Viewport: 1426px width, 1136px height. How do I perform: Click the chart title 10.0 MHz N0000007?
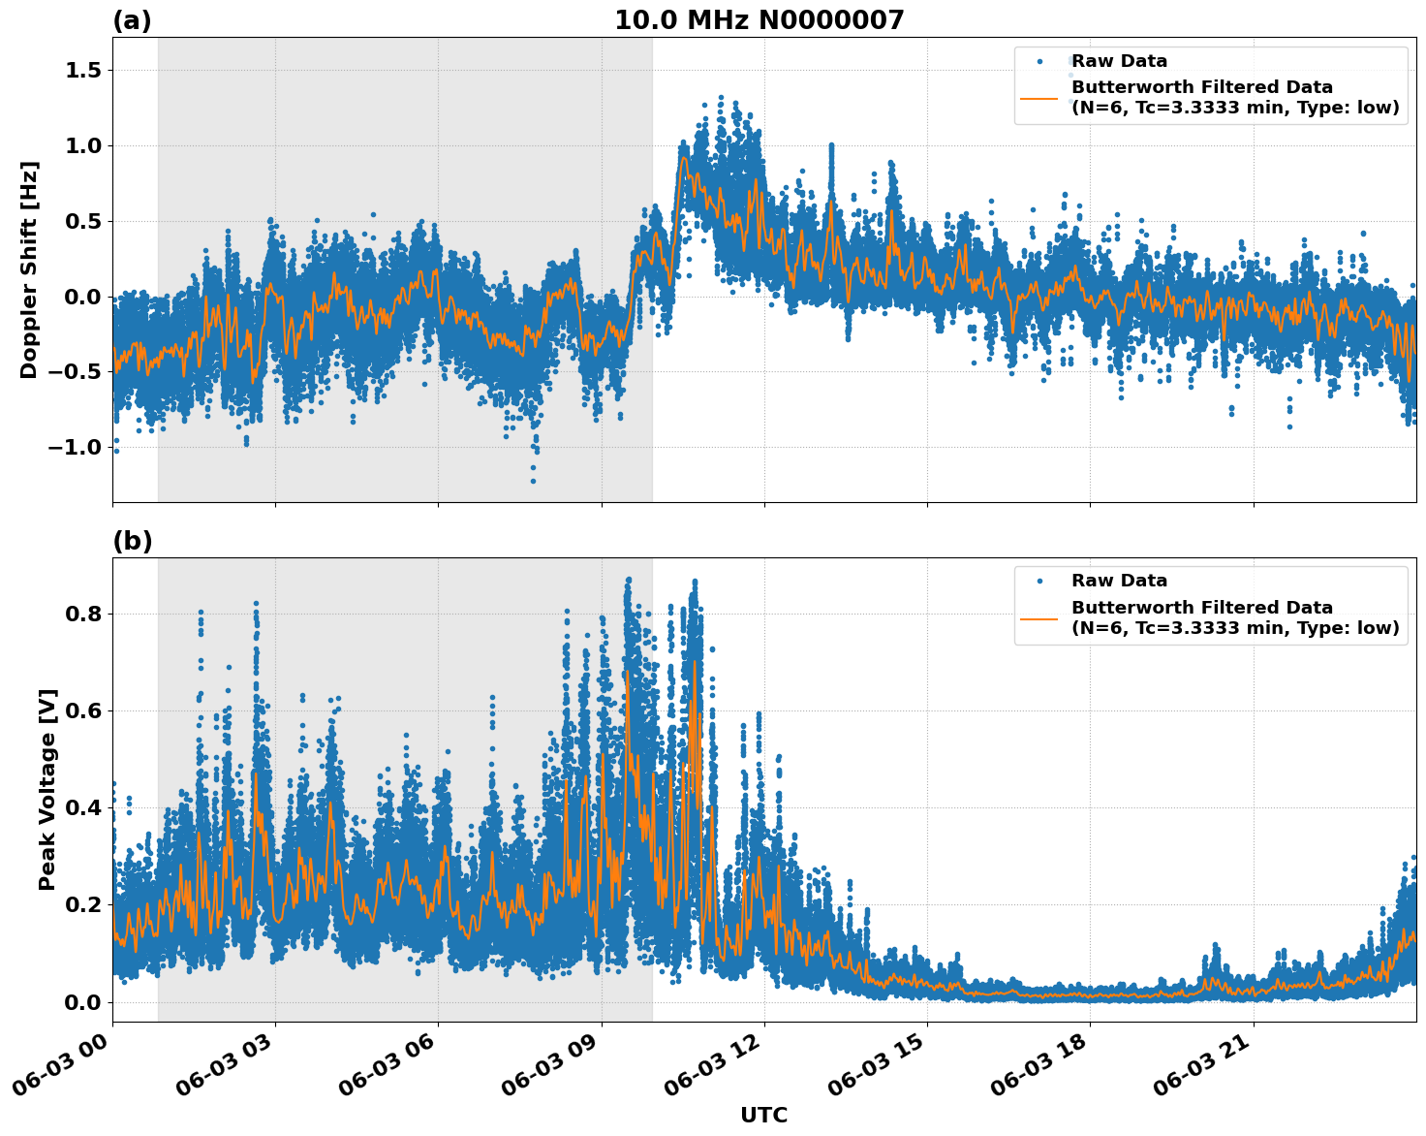point(759,20)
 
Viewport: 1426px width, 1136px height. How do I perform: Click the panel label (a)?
point(132,20)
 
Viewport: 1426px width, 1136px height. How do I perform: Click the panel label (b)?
point(132,541)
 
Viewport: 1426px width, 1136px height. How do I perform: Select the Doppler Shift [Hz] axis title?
point(29,269)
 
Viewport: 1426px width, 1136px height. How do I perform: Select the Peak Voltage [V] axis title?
point(47,789)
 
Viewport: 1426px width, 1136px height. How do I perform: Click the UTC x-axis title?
point(763,1115)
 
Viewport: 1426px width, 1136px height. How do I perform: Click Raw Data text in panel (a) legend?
point(1119,61)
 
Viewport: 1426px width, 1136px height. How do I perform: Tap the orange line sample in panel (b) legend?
point(1039,617)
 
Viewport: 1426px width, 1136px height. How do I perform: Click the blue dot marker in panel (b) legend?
point(1039,581)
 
